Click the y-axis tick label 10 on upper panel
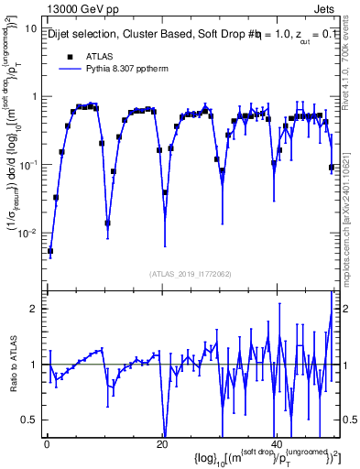30,28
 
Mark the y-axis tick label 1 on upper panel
33,97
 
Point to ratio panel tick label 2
33,309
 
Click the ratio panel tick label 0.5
29,420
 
